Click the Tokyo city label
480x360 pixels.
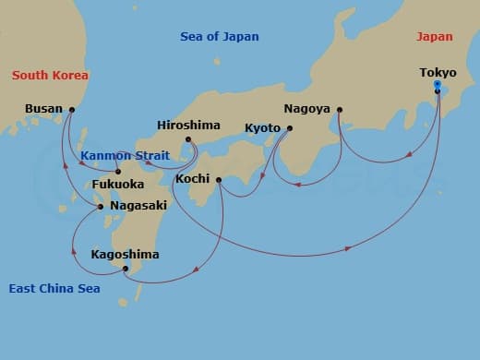coord(438,72)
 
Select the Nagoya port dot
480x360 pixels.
coord(340,110)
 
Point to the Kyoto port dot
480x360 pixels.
coord(289,128)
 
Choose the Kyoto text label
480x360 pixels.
coord(263,127)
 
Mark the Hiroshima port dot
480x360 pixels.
coord(188,140)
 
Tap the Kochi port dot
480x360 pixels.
coord(219,179)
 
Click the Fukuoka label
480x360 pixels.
coord(118,185)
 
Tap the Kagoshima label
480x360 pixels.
coord(126,254)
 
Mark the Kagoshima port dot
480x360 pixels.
coord(125,269)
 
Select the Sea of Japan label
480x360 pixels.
coord(219,37)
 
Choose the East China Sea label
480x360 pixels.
coord(54,289)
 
